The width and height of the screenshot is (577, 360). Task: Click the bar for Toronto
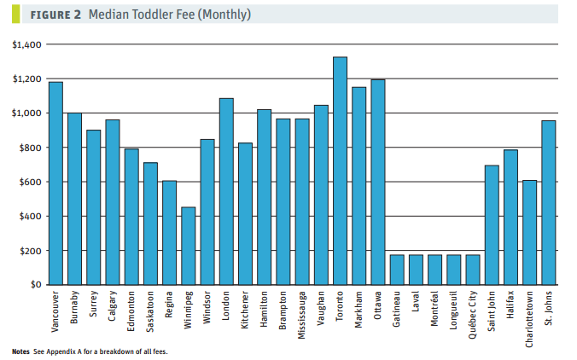pos(340,171)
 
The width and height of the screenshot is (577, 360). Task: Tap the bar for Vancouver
pos(55,183)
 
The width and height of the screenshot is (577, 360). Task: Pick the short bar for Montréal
pos(434,270)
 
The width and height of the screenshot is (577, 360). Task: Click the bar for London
pos(226,191)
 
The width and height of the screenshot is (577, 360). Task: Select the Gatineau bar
pos(396,270)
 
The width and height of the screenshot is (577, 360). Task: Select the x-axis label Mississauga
pos(302,317)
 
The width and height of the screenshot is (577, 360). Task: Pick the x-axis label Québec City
pos(472,317)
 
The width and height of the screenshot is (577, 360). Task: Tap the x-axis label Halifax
pos(510,305)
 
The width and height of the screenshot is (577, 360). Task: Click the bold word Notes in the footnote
pos(20,351)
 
